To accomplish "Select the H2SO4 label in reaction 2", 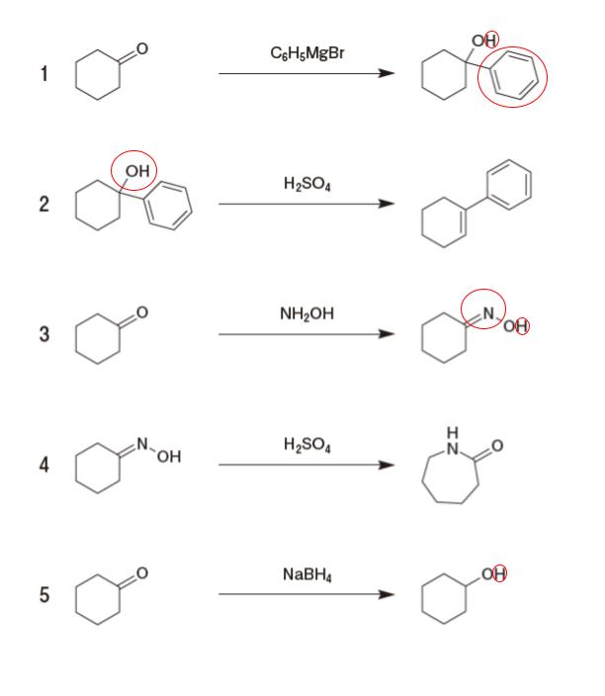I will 306,184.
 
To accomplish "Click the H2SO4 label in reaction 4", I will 306,442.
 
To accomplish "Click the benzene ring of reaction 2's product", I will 515,188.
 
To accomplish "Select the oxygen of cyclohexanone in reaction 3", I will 142,314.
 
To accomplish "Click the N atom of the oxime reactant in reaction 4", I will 141,444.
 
